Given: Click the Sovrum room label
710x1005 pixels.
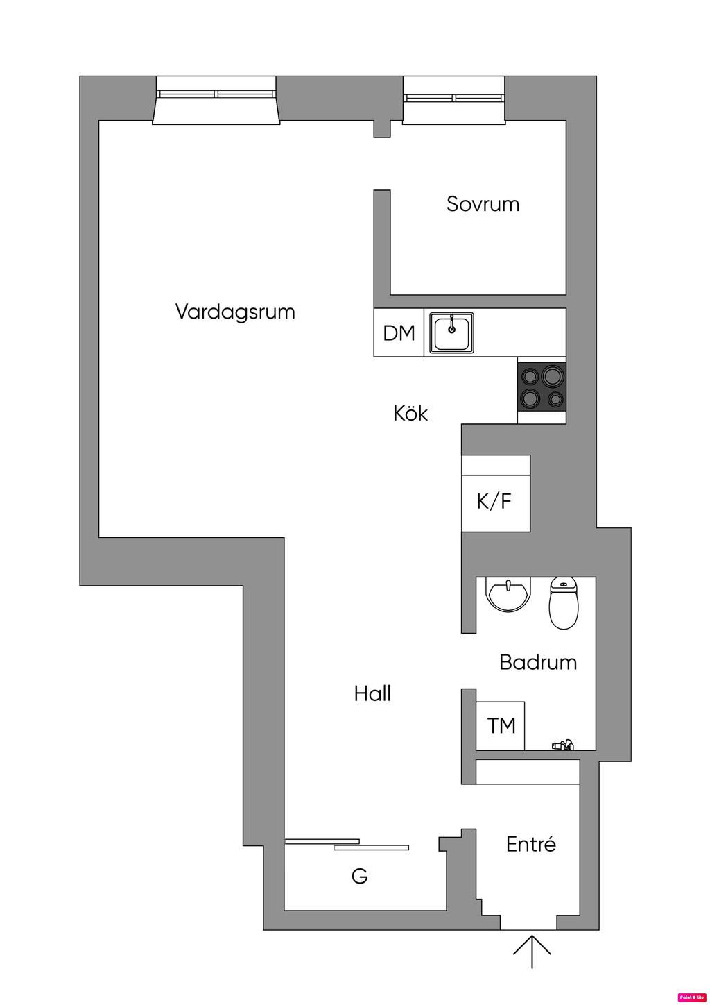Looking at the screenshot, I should [x=483, y=204].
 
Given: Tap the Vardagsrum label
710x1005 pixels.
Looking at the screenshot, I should [x=235, y=312].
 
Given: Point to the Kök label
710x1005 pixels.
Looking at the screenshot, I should [x=410, y=414].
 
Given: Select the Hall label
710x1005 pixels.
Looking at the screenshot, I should [x=372, y=693].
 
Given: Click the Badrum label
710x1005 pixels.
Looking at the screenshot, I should [x=538, y=662].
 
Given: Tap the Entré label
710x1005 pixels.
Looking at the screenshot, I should [x=531, y=845].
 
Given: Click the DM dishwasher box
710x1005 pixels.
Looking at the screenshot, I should [x=399, y=333].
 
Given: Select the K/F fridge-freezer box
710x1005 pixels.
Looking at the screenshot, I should [x=495, y=501].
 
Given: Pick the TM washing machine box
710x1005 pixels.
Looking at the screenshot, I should [x=501, y=726].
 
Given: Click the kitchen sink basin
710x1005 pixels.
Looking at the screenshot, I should [x=452, y=332].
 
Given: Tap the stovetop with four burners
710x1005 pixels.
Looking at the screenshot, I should [x=542, y=387].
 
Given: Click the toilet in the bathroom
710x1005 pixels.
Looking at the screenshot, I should [x=563, y=602].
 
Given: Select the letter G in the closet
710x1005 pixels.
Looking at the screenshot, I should [x=359, y=877].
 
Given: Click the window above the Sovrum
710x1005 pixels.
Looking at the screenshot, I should [x=454, y=98].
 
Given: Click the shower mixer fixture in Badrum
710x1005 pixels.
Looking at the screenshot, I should [x=562, y=745].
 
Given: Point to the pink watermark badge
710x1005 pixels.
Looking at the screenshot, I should [x=691, y=996].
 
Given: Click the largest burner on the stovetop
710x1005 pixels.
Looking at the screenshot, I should [x=553, y=376].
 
